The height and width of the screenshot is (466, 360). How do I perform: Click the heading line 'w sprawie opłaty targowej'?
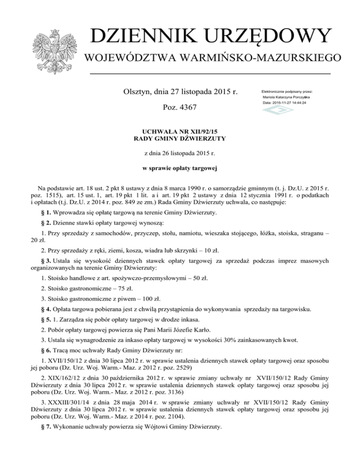click(180, 167)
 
